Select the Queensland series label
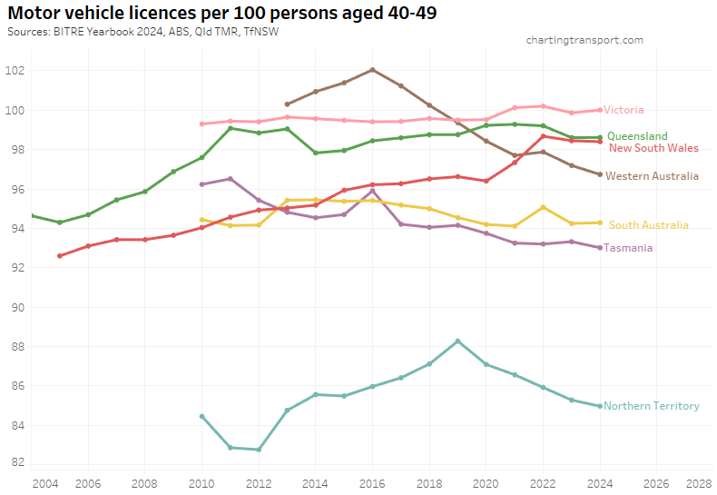[637, 136]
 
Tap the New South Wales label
[653, 147]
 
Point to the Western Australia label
[652, 175]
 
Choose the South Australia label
[648, 224]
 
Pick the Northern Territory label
[651, 406]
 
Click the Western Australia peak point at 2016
[372, 69]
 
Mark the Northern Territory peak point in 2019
[457, 342]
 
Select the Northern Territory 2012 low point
[259, 450]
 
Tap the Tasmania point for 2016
[372, 191]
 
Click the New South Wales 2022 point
[543, 136]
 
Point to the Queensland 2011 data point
[231, 128]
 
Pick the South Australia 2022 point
[543, 207]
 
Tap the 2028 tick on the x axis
[699, 482]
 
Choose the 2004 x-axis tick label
[44, 482]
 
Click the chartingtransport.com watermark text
[584, 40]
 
